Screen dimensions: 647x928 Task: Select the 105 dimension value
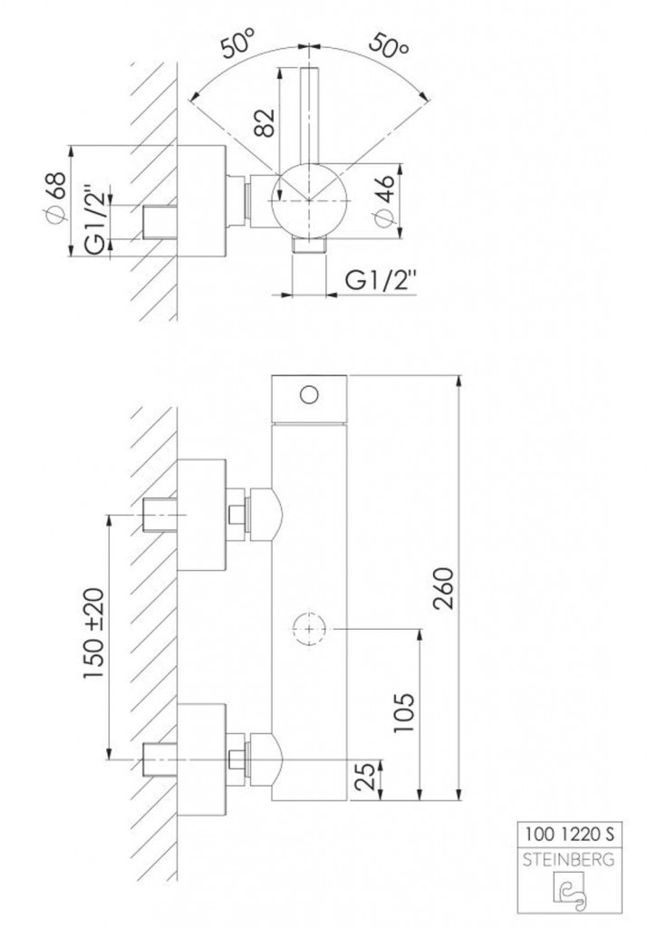405,712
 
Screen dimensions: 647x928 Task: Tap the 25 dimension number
367,777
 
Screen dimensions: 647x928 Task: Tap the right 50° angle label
388,45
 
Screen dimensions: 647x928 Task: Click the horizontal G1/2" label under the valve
381,281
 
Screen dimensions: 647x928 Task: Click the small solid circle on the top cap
308,394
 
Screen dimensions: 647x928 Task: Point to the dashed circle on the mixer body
309,629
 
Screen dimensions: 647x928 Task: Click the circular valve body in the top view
309,201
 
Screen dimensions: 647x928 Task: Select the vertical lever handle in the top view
309,115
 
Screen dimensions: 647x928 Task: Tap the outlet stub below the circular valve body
309,246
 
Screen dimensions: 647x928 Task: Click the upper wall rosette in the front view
201,515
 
